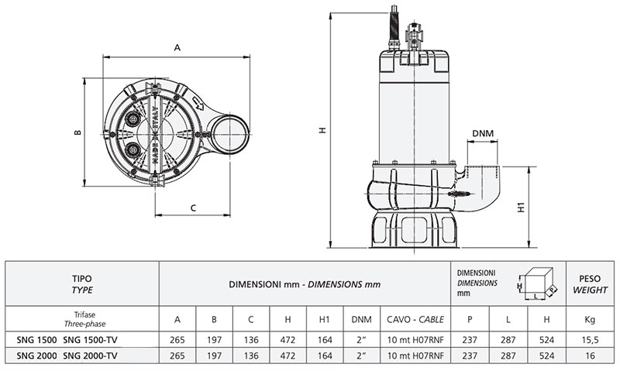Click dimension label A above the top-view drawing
177,48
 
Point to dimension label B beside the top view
77,132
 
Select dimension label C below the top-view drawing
193,207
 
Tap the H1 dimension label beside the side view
522,207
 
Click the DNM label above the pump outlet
483,135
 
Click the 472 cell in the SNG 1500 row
288,339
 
